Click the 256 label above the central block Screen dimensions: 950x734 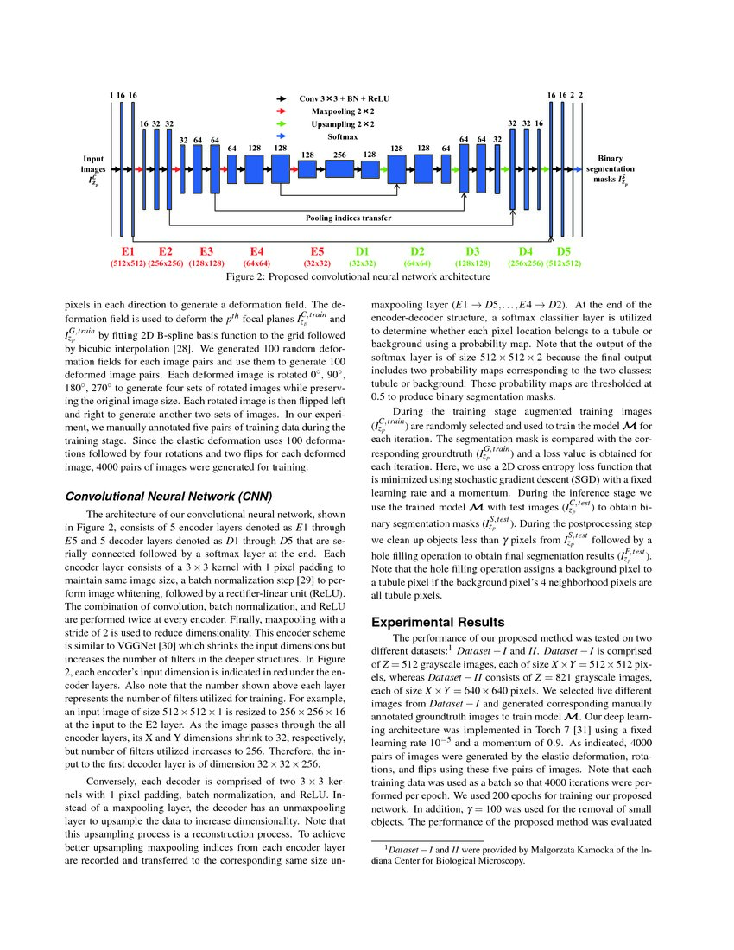click(x=339, y=155)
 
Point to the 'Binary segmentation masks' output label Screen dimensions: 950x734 click(x=615, y=170)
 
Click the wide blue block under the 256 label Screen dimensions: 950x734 click(x=339, y=170)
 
